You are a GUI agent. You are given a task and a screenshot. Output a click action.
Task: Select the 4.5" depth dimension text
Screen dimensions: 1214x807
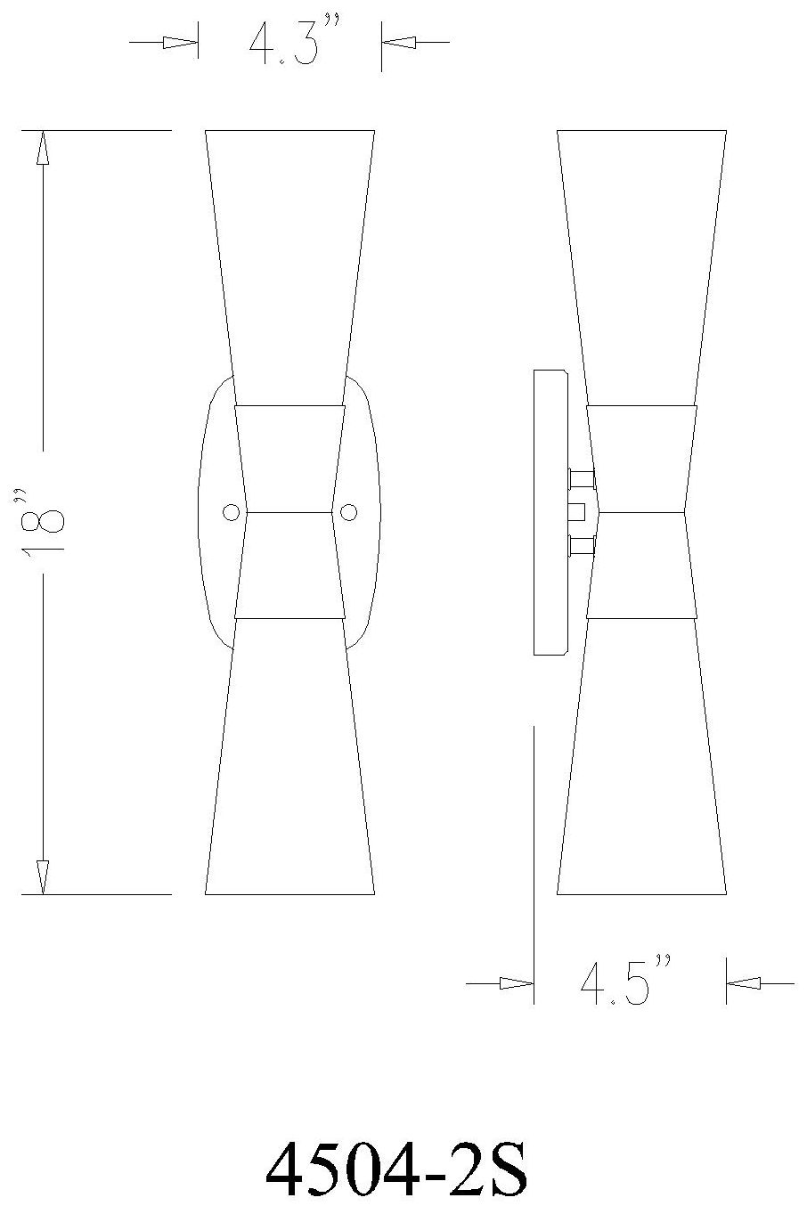click(x=626, y=982)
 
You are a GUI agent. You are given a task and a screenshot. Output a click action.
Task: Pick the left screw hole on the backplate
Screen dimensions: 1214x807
click(x=231, y=512)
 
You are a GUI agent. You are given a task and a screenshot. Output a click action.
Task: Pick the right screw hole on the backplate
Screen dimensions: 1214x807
click(x=348, y=512)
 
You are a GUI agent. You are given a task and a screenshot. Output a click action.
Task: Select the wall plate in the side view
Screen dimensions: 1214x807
click(x=550, y=512)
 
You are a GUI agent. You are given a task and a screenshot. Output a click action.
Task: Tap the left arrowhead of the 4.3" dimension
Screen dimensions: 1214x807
click(x=181, y=42)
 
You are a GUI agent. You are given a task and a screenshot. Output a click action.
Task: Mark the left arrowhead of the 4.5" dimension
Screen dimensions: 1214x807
click(x=517, y=983)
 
